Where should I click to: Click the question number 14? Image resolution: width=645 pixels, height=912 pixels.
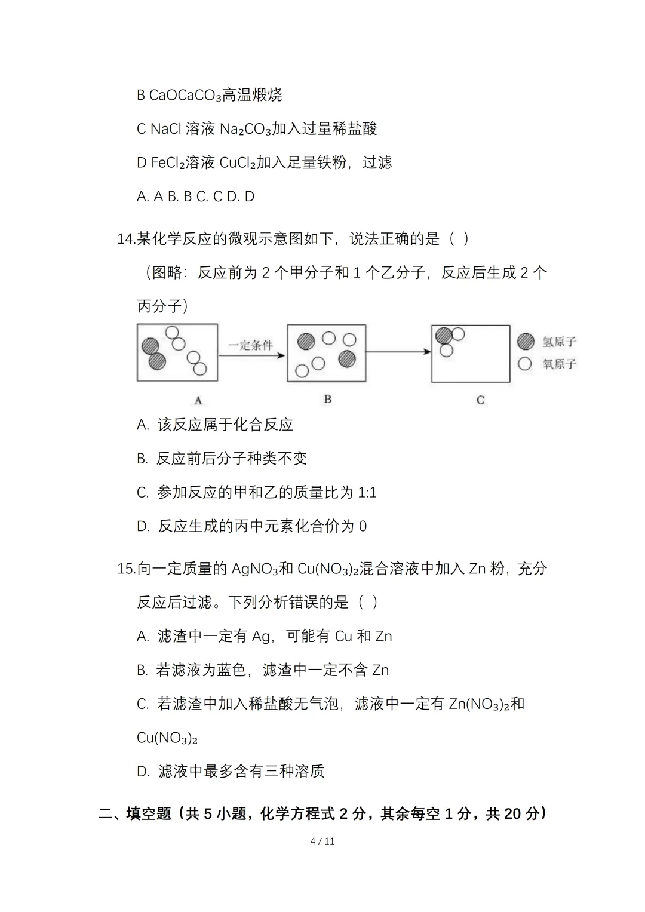126,239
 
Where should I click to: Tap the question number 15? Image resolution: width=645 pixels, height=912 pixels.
126,569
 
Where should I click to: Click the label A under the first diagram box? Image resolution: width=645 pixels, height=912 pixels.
198,400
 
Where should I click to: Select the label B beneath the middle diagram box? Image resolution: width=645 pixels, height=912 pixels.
327,399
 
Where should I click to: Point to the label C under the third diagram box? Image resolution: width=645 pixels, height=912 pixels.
480,400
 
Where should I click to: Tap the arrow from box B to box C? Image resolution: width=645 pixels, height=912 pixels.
398,352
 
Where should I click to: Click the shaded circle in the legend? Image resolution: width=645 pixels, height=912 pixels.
526,342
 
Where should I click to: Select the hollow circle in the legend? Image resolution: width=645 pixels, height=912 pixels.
525,363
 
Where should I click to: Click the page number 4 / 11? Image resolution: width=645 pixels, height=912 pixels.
322,841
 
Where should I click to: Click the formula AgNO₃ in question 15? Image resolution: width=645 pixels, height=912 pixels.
253,569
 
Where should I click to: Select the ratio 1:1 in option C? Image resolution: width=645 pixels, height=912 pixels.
367,493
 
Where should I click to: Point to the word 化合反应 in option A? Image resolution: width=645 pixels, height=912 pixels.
263,425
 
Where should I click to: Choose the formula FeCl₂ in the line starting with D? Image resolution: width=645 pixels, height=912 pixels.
168,162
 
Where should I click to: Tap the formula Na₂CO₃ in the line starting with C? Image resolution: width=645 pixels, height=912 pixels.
245,129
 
